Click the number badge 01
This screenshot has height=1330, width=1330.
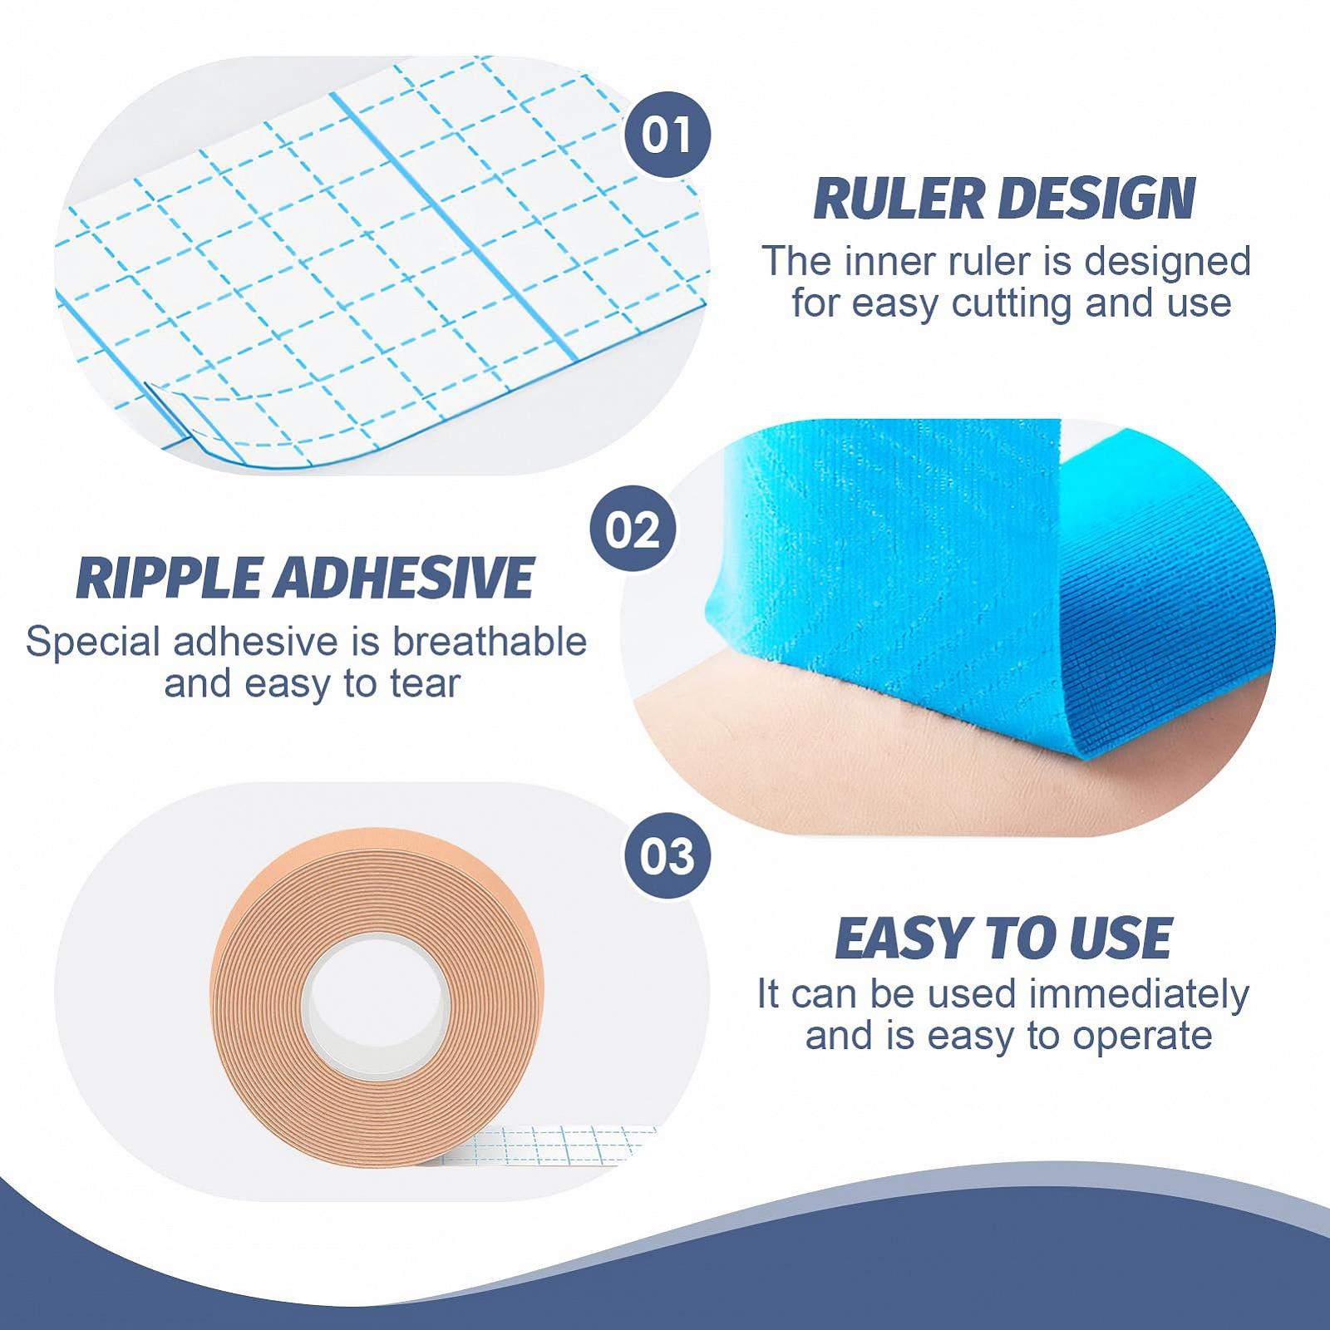click(x=667, y=135)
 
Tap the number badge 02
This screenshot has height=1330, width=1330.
click(x=633, y=530)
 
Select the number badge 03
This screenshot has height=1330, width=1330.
click(x=667, y=856)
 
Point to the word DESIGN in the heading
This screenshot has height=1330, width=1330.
click(x=1096, y=199)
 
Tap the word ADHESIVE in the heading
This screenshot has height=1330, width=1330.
click(x=402, y=579)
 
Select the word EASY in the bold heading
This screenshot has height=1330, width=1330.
click(x=901, y=938)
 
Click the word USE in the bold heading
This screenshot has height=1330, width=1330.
click(x=1121, y=938)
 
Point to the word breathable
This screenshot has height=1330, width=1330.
click(x=490, y=642)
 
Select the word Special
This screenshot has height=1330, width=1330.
click(x=93, y=643)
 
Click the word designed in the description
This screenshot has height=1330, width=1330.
click(x=1168, y=262)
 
